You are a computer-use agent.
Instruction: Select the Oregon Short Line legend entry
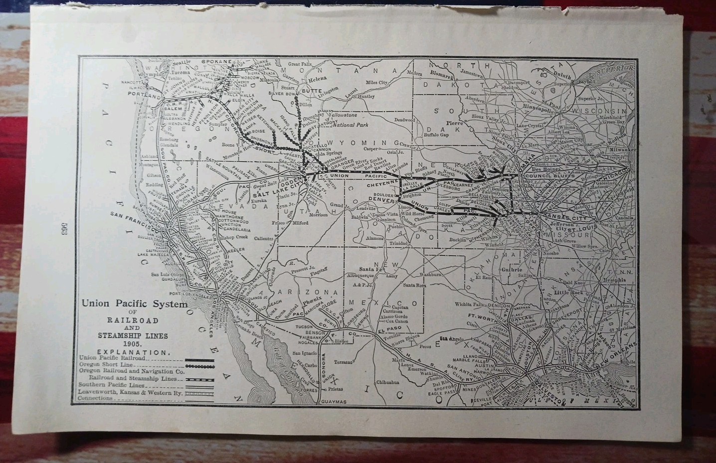105,364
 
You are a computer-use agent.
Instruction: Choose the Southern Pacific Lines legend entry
112,385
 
